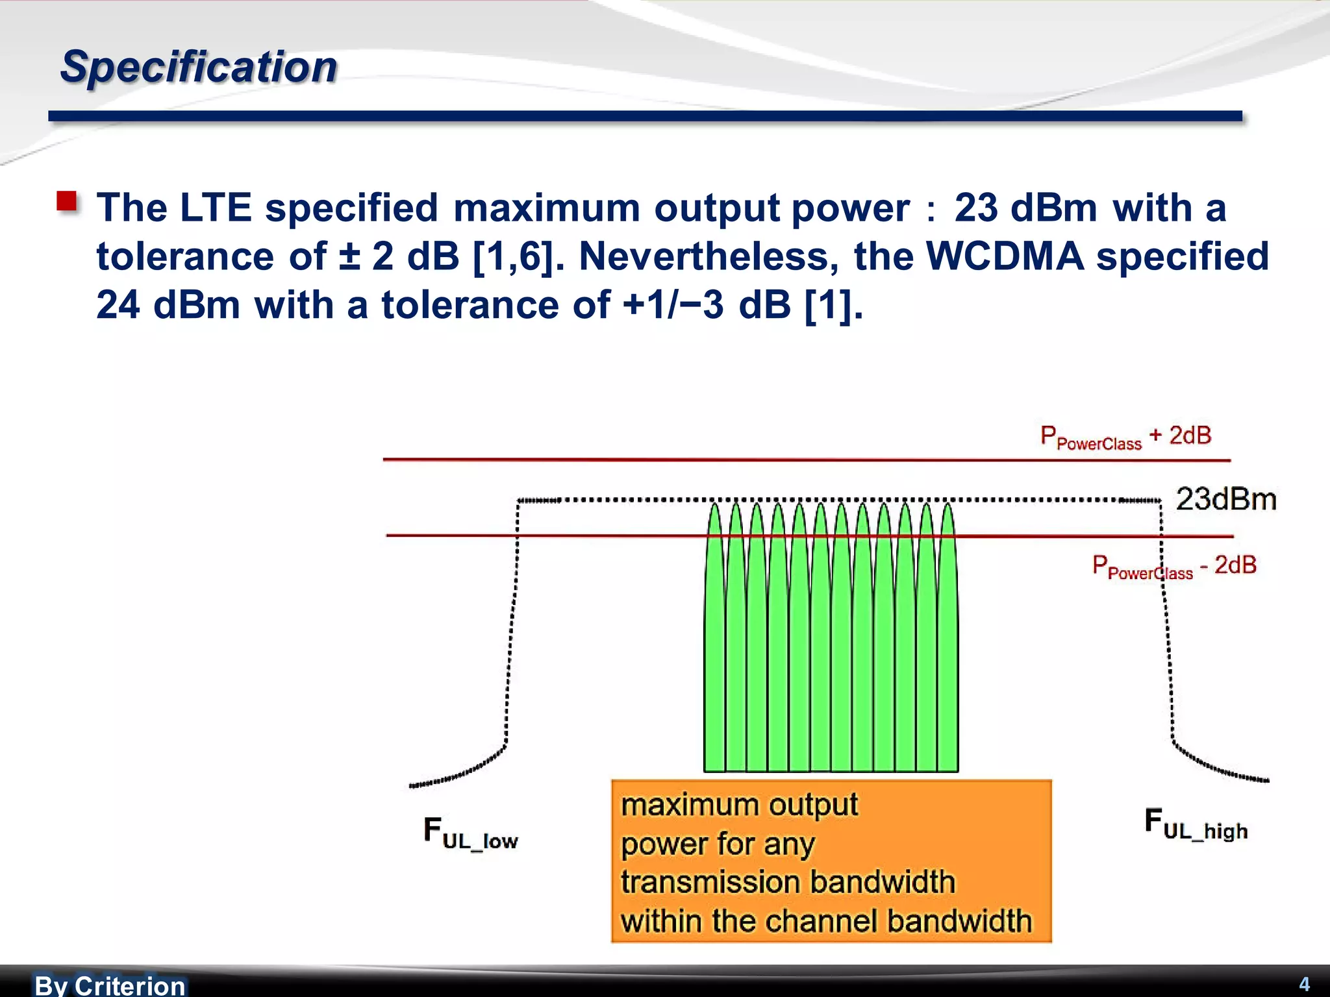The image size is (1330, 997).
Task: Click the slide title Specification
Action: coord(199,67)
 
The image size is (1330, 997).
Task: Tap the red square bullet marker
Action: coord(67,201)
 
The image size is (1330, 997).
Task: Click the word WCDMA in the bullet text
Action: coord(1005,256)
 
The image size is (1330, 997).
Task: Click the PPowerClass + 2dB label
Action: coord(1125,437)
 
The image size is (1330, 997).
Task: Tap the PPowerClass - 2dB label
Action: coord(1174,566)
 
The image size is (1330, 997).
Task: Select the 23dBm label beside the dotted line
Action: coord(1226,500)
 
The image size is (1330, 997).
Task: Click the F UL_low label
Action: coord(470,833)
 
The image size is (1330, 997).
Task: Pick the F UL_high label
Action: coord(1196,824)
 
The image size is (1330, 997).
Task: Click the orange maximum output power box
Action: coord(831,861)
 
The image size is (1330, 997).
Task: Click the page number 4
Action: coord(1304,984)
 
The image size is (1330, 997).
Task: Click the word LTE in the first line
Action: coord(216,208)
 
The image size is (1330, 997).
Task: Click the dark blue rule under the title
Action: coord(645,116)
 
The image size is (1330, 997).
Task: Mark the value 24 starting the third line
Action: coord(118,304)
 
